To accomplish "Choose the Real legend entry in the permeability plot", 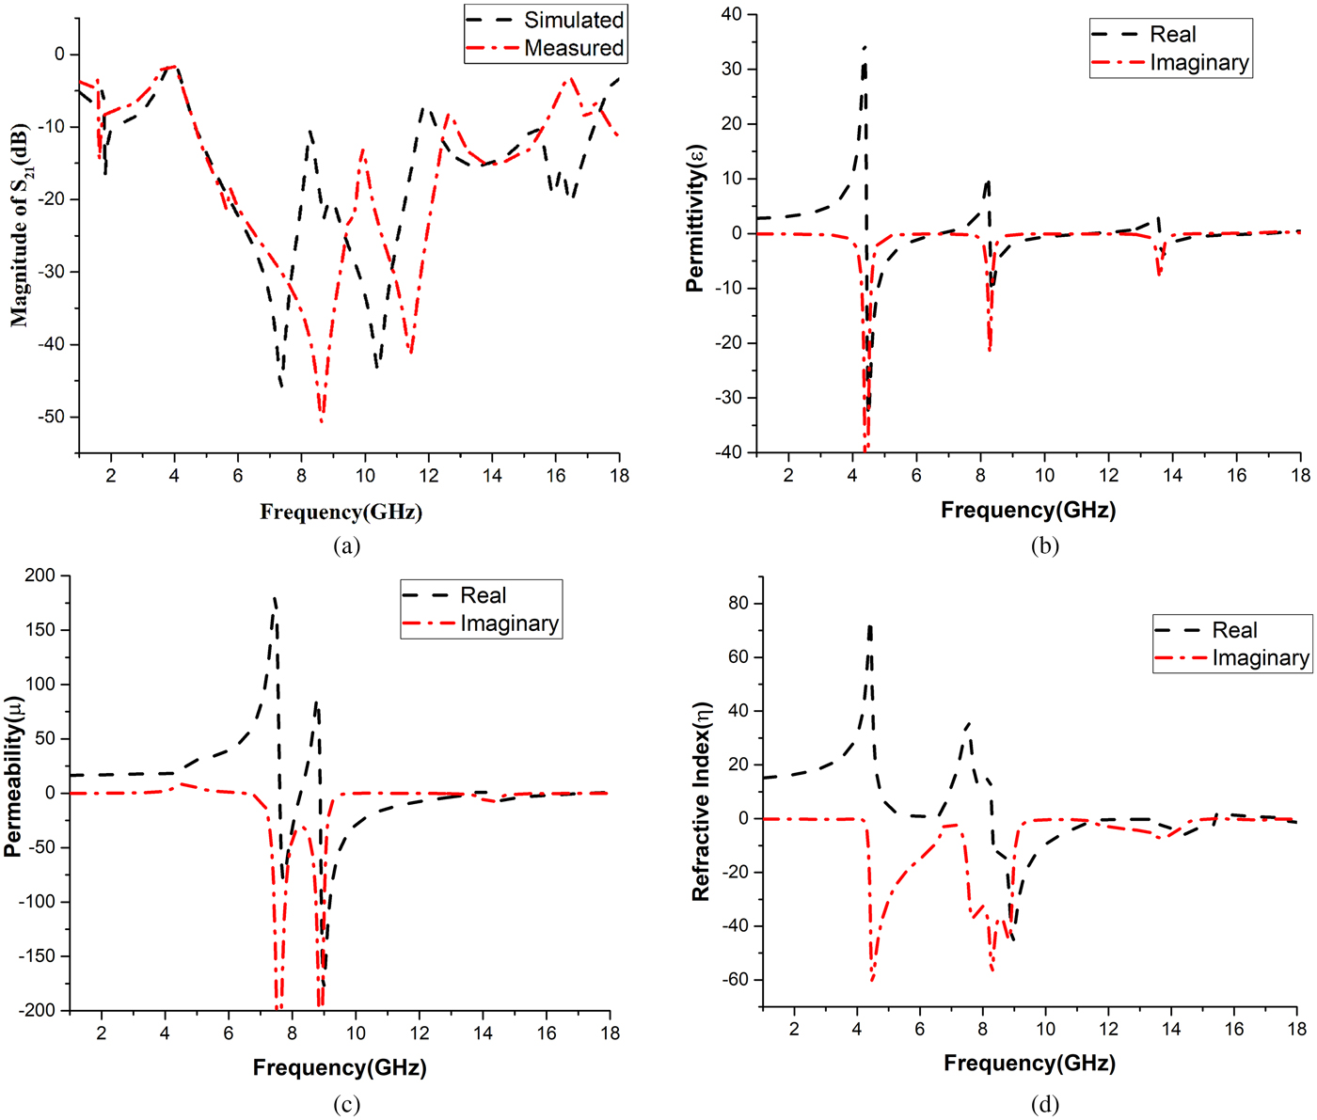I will pyautogui.click(x=483, y=595).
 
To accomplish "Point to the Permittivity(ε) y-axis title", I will pyautogui.click(x=695, y=218).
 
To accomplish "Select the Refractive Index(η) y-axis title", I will pyautogui.click(x=701, y=801).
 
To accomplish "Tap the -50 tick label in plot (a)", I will pyautogui.click(x=52, y=417).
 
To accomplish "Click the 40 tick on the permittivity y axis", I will pyautogui.click(x=731, y=14).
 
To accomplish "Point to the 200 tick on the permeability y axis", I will pyautogui.click(x=40, y=576).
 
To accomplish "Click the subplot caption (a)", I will pyautogui.click(x=346, y=545).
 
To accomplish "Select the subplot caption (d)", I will pyautogui.click(x=1044, y=1104).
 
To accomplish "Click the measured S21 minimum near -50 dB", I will pyautogui.click(x=322, y=421).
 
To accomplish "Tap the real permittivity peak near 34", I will pyautogui.click(x=865, y=47).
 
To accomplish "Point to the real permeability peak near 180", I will pyautogui.click(x=274, y=598).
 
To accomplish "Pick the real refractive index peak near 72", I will pyautogui.click(x=869, y=626).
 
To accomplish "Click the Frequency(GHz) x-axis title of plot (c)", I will pyautogui.click(x=340, y=1067).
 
